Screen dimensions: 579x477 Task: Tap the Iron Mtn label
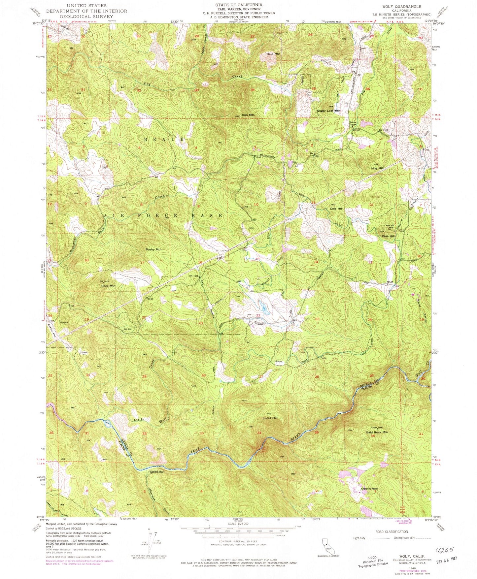[x=248, y=115]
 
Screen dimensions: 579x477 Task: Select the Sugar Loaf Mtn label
[x=328, y=111]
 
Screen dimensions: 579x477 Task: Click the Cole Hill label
[x=336, y=209]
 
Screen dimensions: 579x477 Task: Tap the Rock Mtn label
[x=108, y=286]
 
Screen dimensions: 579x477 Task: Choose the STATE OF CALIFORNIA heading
[x=239, y=5]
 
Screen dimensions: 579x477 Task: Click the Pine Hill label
[x=388, y=236]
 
